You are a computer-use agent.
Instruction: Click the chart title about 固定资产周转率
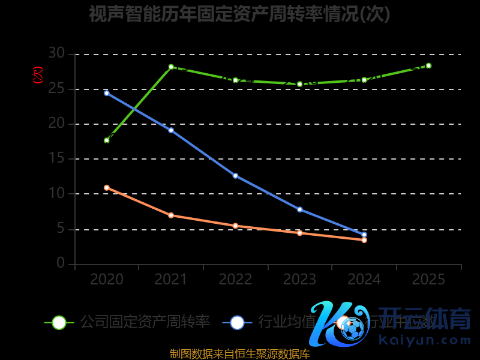239,14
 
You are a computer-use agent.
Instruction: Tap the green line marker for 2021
171,67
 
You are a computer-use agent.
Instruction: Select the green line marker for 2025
428,65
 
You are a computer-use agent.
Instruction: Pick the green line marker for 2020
107,140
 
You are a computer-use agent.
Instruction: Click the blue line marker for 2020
107,93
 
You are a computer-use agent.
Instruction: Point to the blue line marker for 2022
235,176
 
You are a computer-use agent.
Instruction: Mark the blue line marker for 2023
299,209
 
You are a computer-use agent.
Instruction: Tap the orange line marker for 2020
107,188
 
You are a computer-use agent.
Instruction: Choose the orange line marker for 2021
171,215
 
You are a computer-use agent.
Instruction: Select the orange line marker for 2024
364,240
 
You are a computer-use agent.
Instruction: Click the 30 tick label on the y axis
56,54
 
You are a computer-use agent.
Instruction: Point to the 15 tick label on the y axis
56,159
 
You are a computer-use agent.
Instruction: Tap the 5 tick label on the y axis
60,229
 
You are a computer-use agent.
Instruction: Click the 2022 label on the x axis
235,280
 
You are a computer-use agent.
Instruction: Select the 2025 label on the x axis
428,280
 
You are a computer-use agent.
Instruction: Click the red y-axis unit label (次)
38,75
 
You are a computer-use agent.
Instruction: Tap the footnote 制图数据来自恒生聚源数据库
240,354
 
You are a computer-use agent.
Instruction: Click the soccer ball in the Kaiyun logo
353,329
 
